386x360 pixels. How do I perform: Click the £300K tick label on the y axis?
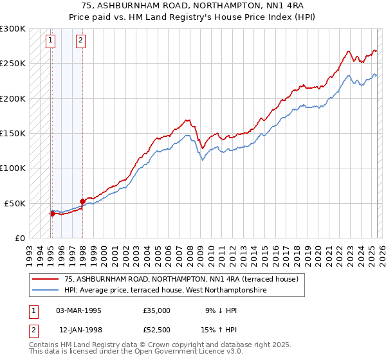pos(13,29)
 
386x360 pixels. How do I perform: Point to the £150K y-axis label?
pos(13,133)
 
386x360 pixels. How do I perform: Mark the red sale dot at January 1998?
pos(82,201)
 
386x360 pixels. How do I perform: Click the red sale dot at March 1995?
pos(52,213)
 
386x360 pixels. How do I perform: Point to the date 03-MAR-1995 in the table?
pos(78,310)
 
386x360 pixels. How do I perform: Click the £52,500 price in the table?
pos(157,330)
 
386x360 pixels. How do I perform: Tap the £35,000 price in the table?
pos(157,310)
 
